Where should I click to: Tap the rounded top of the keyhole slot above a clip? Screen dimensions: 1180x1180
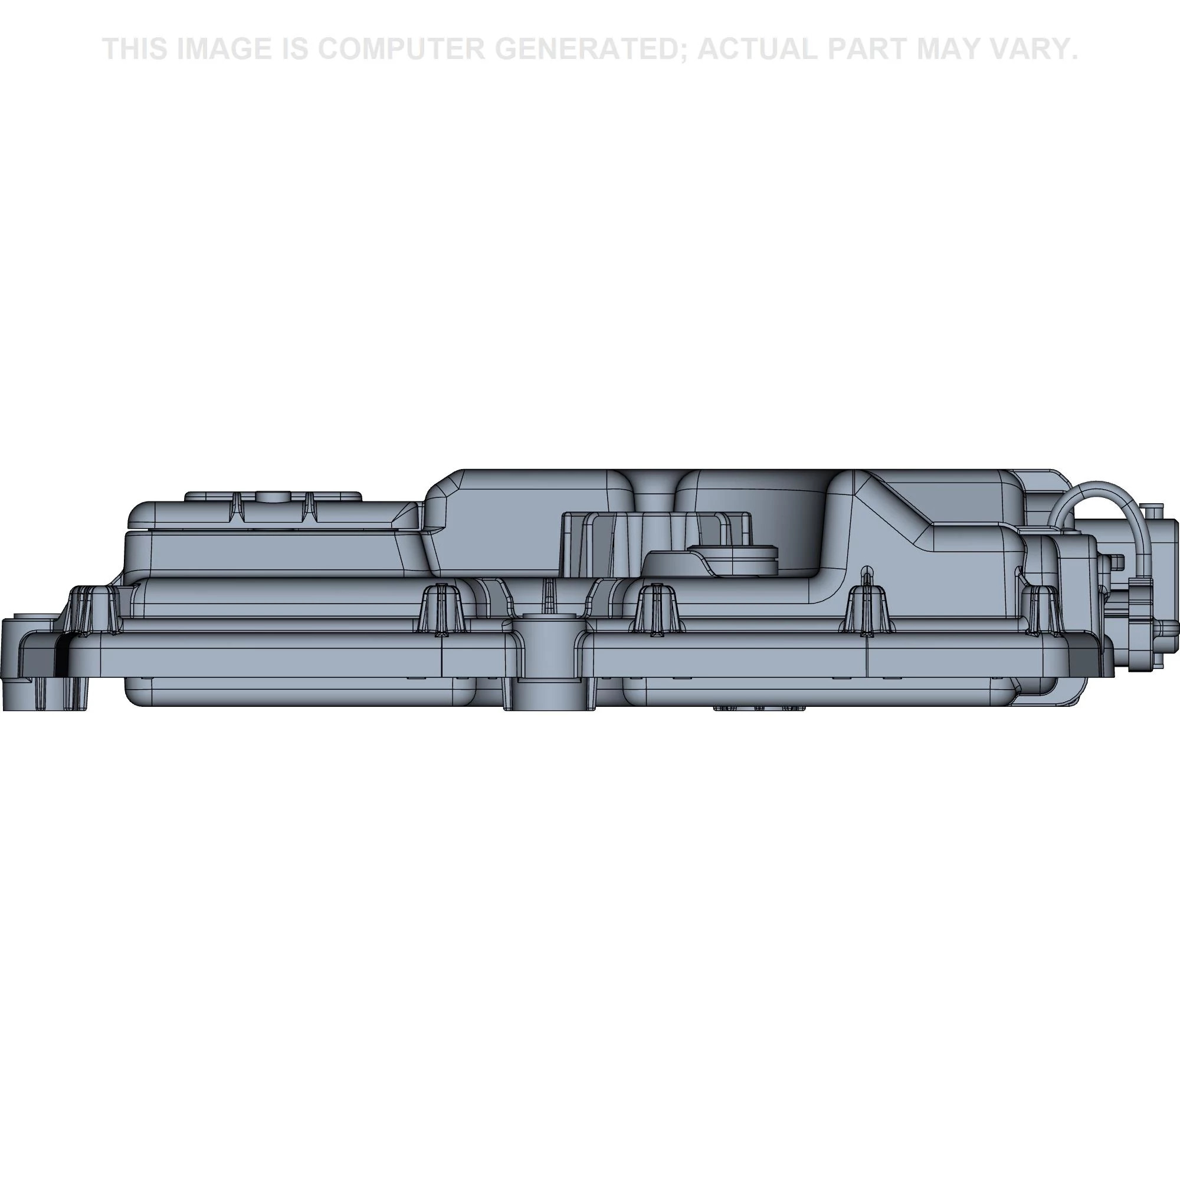[865, 569]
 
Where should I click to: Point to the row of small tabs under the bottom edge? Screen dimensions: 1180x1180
[759, 709]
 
